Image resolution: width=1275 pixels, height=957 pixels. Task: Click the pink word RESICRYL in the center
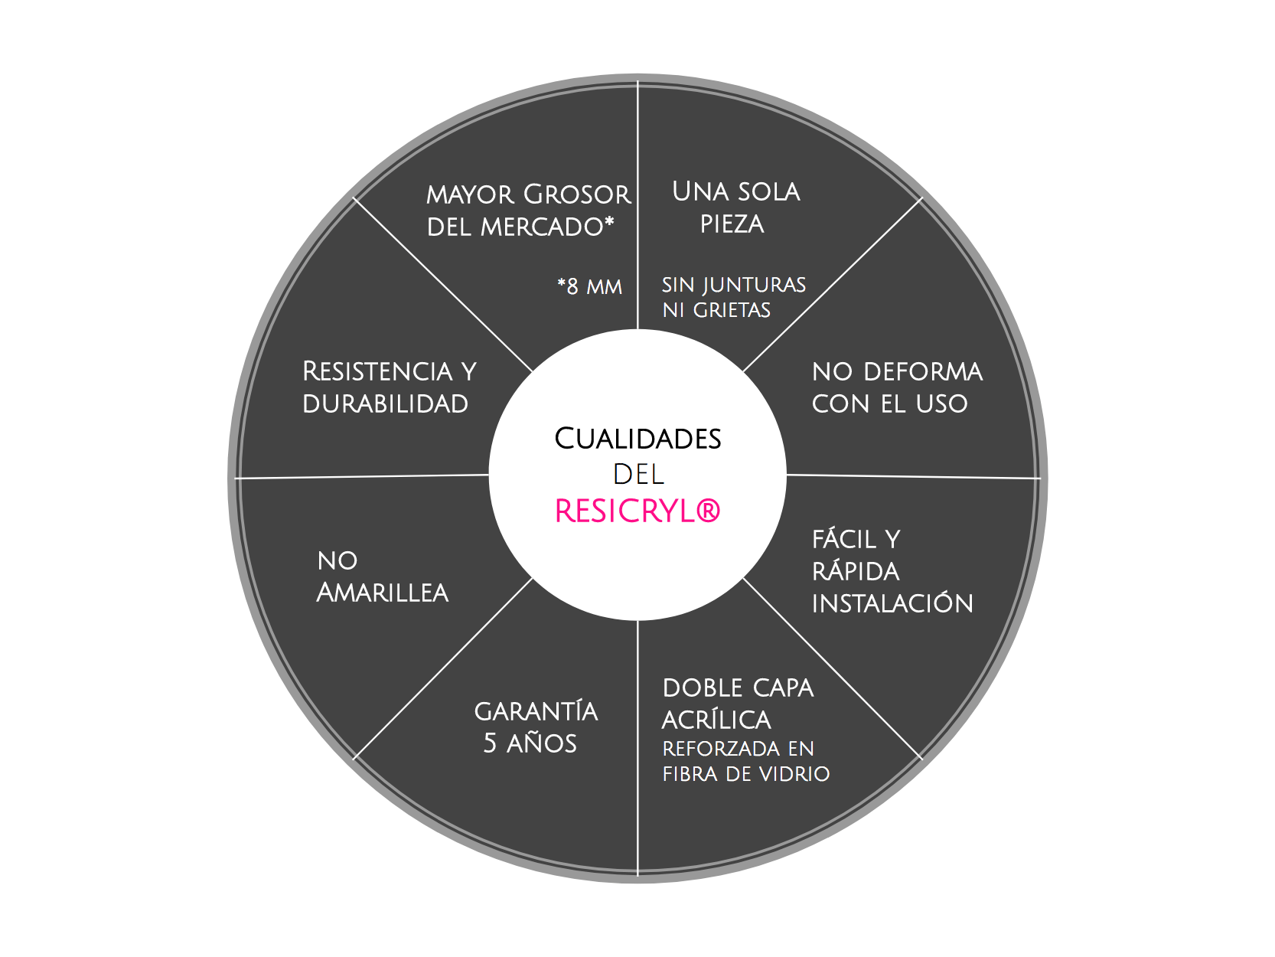(x=625, y=511)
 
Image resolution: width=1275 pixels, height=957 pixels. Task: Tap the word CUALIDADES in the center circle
(x=637, y=439)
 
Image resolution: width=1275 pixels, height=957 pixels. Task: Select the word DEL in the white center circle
(x=638, y=475)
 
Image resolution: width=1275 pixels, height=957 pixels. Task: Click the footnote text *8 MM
(x=589, y=286)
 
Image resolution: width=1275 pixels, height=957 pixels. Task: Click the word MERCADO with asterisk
(x=547, y=227)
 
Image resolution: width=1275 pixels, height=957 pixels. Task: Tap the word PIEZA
(x=732, y=224)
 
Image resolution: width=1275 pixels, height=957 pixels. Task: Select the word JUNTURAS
(x=754, y=286)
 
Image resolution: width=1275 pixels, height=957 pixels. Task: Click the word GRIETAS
(x=732, y=310)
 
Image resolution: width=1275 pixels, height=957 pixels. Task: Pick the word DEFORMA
(x=923, y=372)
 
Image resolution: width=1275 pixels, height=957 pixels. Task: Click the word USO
(x=941, y=403)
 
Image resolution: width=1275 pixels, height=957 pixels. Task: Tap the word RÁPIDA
(x=856, y=570)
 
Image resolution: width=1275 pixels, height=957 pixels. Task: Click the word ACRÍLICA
(x=716, y=720)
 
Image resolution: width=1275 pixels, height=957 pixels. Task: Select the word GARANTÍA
(x=536, y=710)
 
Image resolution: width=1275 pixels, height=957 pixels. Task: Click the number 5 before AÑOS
(x=490, y=743)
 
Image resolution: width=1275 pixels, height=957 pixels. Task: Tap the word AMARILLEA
(x=382, y=593)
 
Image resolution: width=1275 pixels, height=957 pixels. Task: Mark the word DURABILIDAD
(x=385, y=403)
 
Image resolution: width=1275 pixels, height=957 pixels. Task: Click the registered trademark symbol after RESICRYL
(x=708, y=511)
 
